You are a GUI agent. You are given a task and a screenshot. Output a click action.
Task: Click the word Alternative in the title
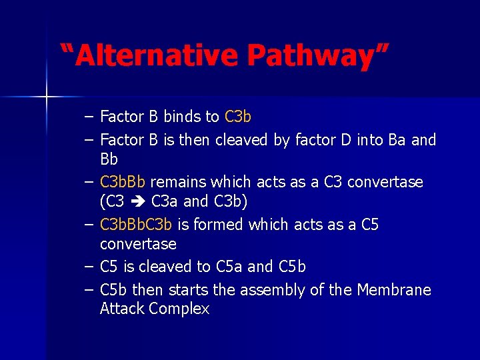[x=157, y=55]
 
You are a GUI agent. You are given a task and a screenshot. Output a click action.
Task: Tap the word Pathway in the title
[x=314, y=55]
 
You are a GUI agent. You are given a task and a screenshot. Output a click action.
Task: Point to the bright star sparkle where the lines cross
[x=47, y=97]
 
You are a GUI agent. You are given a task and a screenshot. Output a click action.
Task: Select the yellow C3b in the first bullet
[x=238, y=117]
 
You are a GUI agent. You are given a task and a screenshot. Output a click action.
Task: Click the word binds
[x=181, y=117]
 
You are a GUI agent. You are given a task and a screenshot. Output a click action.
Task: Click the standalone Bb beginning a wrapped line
[x=109, y=160]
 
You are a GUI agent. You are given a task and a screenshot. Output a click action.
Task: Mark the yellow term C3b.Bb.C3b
[x=136, y=225]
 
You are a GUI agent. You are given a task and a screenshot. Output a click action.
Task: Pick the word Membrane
[x=394, y=290]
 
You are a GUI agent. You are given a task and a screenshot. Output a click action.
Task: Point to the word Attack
[x=122, y=309]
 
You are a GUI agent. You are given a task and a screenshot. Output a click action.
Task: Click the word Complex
[x=179, y=309]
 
